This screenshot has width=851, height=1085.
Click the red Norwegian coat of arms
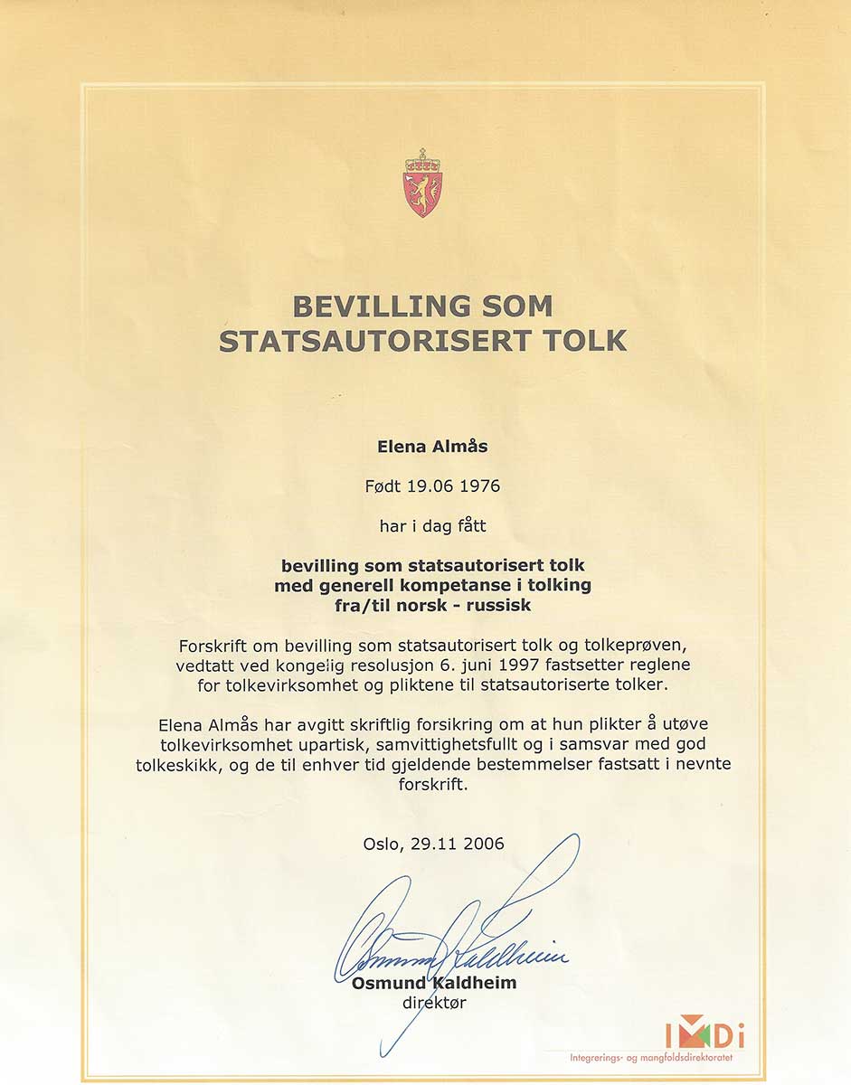click(422, 184)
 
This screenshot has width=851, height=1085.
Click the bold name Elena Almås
click(425, 446)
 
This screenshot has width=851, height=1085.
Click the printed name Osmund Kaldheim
click(434, 983)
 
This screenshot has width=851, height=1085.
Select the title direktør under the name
click(434, 1002)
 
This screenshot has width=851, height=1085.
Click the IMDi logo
click(704, 1033)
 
